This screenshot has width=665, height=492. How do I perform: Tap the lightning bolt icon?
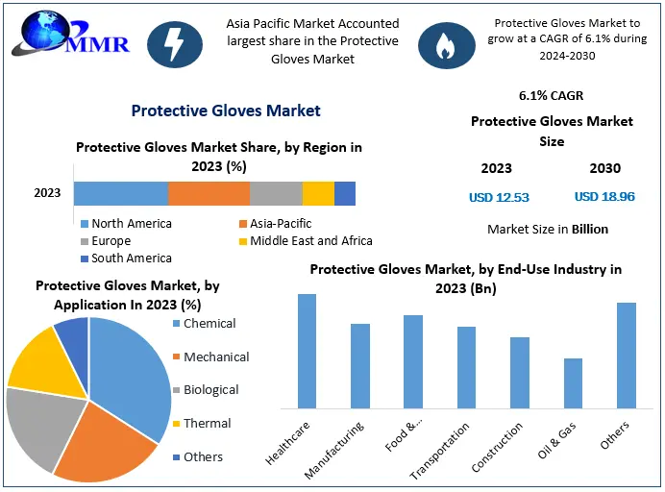click(x=175, y=44)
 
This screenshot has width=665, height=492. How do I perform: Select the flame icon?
click(x=445, y=44)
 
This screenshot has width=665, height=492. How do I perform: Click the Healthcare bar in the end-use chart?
click(x=308, y=350)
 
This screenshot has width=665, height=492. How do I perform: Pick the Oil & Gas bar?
click(x=573, y=381)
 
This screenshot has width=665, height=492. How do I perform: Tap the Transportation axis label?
click(x=441, y=449)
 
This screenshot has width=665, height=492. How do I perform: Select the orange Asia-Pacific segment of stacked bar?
click(x=209, y=193)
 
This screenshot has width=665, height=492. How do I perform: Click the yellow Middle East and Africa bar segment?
click(x=318, y=193)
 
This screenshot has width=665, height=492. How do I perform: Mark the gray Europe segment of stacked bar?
click(x=276, y=193)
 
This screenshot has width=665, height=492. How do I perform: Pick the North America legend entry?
click(x=126, y=224)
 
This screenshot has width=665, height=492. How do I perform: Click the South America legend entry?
click(x=126, y=258)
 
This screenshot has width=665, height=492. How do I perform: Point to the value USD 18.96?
click(x=604, y=197)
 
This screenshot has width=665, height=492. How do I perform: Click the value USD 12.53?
click(x=499, y=197)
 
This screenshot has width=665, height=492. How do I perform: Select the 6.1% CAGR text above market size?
click(x=551, y=96)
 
